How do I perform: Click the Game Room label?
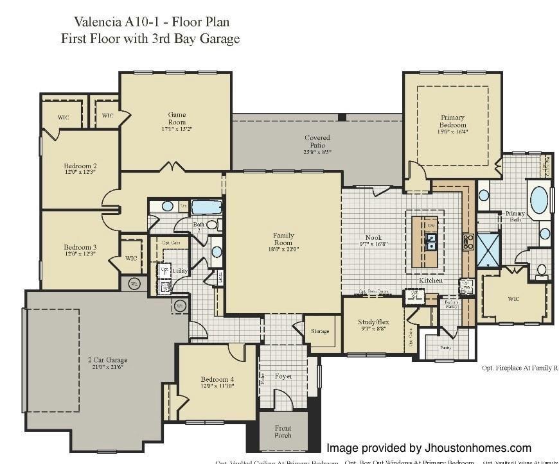point(177,119)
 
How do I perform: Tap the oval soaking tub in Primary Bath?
point(539,200)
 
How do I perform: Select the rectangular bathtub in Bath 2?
point(206,207)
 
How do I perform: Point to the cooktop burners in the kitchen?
point(468,241)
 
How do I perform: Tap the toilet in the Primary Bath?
point(541,270)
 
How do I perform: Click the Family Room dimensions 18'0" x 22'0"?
point(283,249)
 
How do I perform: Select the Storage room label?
point(320,331)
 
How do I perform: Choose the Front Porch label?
point(283,432)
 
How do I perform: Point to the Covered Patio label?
point(317,141)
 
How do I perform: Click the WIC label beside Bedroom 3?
point(131,259)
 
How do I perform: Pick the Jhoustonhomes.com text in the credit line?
point(476,448)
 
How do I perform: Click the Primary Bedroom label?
point(453,121)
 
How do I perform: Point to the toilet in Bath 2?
point(211,225)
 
